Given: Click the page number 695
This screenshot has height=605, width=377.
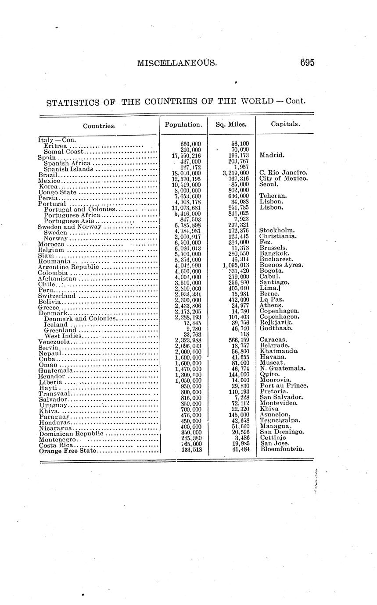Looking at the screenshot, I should [307, 63].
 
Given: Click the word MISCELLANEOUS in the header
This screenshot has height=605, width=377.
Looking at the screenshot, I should [177, 63].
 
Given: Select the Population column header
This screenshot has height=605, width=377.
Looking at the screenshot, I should [183, 125].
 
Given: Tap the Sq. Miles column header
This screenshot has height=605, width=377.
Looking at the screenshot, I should [231, 125].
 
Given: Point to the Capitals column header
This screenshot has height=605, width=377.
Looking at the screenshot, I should [285, 124].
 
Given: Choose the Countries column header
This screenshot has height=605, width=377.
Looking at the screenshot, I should [99, 126].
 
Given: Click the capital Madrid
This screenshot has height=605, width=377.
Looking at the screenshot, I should [272, 155].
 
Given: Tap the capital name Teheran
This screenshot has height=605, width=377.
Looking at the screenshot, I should [273, 196].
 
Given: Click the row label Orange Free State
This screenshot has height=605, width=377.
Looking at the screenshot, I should [68, 450].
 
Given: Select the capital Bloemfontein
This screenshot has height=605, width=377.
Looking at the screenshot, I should [282, 449].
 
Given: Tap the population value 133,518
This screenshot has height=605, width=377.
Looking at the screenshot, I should [191, 449].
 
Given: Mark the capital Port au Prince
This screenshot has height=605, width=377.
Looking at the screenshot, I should [284, 386].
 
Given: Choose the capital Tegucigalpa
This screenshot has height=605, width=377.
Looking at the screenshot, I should [280, 420].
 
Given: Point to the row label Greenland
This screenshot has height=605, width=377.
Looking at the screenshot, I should [60, 330].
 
